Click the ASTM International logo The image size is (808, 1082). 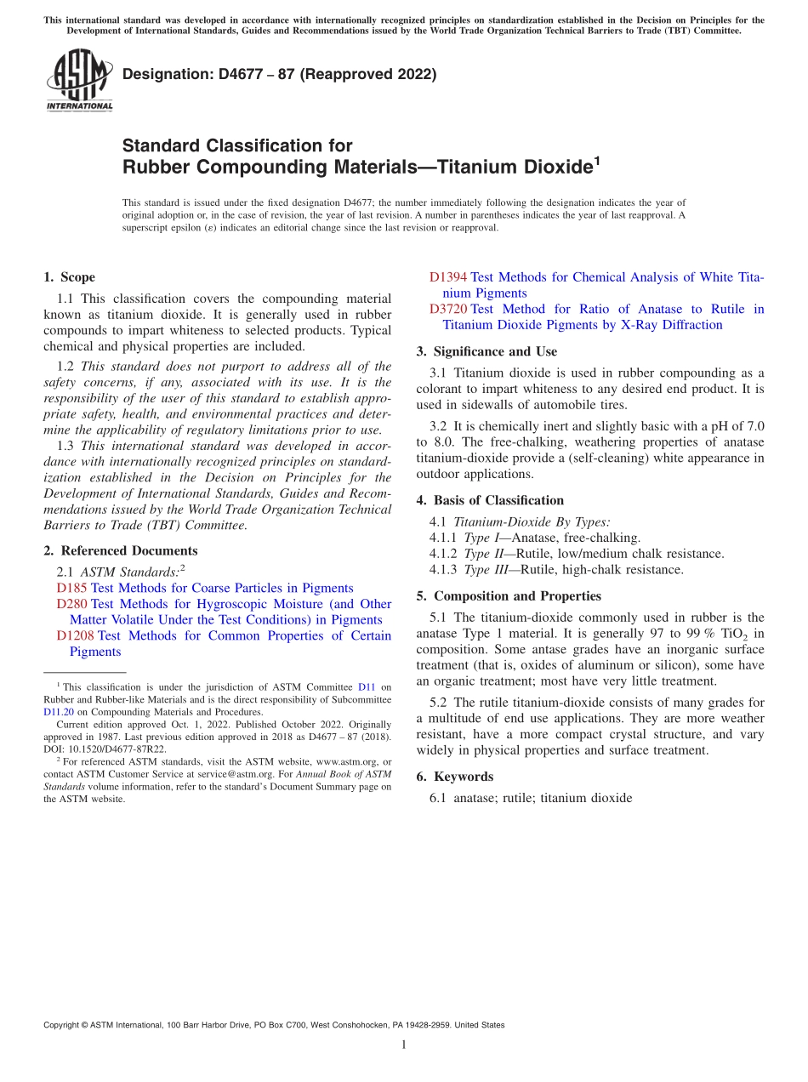tap(78, 80)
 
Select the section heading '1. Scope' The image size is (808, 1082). tap(69, 277)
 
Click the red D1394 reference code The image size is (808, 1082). tap(448, 277)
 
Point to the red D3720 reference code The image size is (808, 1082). tap(448, 309)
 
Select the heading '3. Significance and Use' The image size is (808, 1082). tap(487, 351)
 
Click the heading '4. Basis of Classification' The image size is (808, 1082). tap(490, 500)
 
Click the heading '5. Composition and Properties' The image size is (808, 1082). tap(509, 596)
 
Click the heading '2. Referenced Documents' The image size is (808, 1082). tap(117, 551)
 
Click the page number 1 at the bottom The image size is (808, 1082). tap(404, 1045)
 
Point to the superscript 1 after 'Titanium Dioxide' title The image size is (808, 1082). tap(596, 160)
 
